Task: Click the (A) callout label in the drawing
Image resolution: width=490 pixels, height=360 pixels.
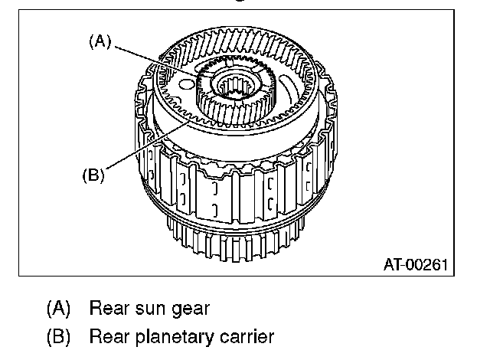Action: click(100, 41)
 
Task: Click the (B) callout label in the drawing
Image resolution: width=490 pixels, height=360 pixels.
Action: click(93, 175)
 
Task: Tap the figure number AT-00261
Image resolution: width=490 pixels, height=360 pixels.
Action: click(416, 265)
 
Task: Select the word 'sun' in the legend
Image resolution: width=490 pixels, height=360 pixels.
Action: click(149, 309)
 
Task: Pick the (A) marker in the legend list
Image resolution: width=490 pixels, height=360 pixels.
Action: click(58, 309)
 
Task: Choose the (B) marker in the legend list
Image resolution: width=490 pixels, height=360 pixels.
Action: click(58, 337)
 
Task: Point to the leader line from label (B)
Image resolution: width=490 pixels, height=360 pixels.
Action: click(147, 146)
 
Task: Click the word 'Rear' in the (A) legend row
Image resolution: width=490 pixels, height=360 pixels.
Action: click(109, 309)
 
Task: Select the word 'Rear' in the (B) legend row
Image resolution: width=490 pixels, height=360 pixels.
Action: click(109, 337)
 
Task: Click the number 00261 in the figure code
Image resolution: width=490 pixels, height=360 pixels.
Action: click(427, 265)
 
